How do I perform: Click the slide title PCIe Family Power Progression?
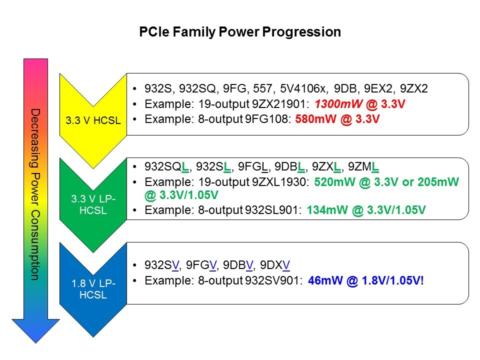[239, 32]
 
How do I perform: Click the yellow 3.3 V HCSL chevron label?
[92, 120]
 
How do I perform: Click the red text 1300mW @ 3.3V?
[356, 105]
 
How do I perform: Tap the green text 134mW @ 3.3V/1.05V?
[365, 210]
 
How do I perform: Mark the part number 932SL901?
[272, 210]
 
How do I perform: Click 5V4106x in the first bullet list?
[307, 89]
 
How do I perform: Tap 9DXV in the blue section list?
[276, 265]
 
